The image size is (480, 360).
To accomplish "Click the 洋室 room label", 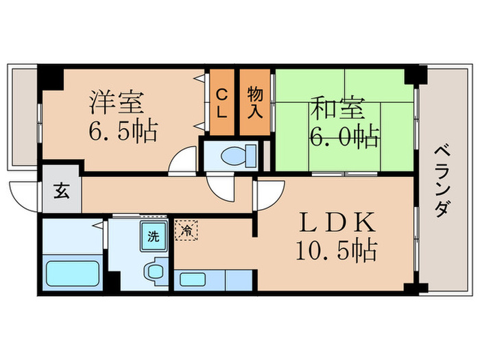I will point(117,104).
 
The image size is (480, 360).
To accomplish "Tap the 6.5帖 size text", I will point(124,130).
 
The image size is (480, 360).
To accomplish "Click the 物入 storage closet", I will point(255,104).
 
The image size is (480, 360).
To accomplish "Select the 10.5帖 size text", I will point(336,252).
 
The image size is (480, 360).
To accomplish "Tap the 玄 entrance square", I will point(62,192).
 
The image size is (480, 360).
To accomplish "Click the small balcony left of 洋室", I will point(23,117).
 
